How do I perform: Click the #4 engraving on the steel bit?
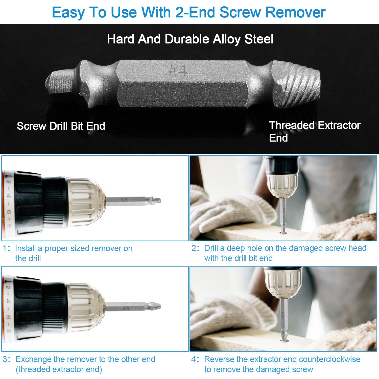177,70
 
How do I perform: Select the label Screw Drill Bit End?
61,126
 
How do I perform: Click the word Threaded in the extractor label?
292,125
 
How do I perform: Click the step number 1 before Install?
5,248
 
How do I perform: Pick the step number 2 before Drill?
194,248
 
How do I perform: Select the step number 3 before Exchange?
5,359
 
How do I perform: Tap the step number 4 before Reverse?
194,359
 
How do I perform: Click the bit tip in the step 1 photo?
157,200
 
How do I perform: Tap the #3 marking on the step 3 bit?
126,309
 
